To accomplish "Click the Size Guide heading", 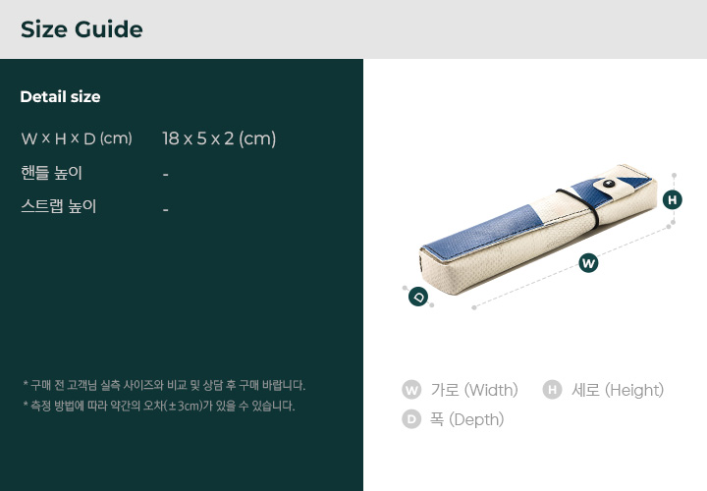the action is pyautogui.click(x=82, y=29).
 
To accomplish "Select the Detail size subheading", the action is pyautogui.click(x=61, y=96).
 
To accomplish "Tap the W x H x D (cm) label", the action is pyautogui.click(x=77, y=138).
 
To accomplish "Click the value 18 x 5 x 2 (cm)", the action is pyautogui.click(x=219, y=138).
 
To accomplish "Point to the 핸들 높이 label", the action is pyautogui.click(x=51, y=173).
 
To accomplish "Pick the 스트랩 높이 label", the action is pyautogui.click(x=59, y=206).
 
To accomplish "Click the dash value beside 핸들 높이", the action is pyautogui.click(x=166, y=175).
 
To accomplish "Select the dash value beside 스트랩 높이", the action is pyautogui.click(x=166, y=209).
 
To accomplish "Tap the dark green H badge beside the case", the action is pyautogui.click(x=673, y=199).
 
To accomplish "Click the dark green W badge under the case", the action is pyautogui.click(x=588, y=263).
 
